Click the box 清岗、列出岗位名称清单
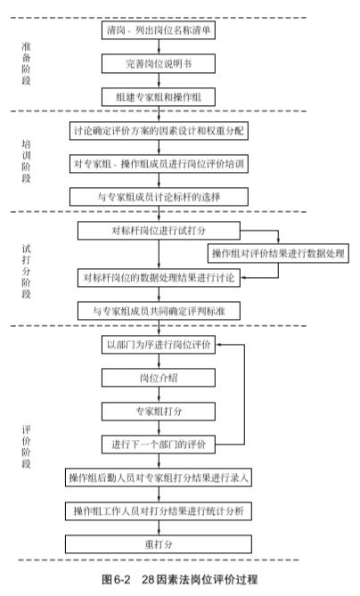(x=159, y=30)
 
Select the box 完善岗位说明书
(x=159, y=63)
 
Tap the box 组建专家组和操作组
(x=159, y=97)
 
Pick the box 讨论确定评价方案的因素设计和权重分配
(x=159, y=131)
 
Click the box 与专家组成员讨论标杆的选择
(x=159, y=197)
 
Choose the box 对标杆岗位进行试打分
(x=159, y=231)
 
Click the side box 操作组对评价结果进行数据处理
(x=278, y=253)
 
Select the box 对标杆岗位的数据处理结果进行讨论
(x=159, y=277)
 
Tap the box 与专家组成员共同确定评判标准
(x=159, y=311)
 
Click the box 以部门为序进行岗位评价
(x=159, y=345)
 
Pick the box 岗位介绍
(x=159, y=378)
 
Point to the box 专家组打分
(x=159, y=412)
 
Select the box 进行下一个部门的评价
(x=159, y=445)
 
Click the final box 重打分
(x=159, y=544)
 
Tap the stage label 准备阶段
(x=26, y=63)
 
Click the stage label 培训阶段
(x=26, y=161)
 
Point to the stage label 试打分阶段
(x=26, y=272)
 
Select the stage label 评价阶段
(x=26, y=446)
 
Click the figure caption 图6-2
(x=116, y=579)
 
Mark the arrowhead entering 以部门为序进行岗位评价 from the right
(x=218, y=345)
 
